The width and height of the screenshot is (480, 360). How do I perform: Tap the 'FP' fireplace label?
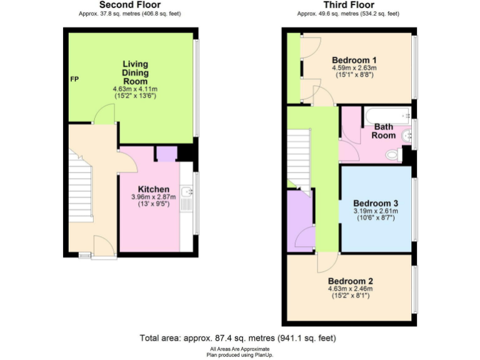(74, 80)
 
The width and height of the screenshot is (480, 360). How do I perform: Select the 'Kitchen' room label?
(153, 189)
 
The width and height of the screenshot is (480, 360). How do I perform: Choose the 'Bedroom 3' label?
(376, 203)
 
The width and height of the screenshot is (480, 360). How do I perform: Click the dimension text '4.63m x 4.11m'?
(135, 89)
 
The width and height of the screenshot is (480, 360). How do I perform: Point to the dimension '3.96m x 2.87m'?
(153, 197)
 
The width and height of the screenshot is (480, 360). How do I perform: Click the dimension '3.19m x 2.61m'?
(376, 211)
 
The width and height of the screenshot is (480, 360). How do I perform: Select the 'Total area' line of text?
(237, 337)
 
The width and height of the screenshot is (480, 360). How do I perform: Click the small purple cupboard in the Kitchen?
(166, 154)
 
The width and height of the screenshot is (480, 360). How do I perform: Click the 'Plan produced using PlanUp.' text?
(240, 354)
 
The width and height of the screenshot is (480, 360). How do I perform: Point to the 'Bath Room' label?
(384, 131)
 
